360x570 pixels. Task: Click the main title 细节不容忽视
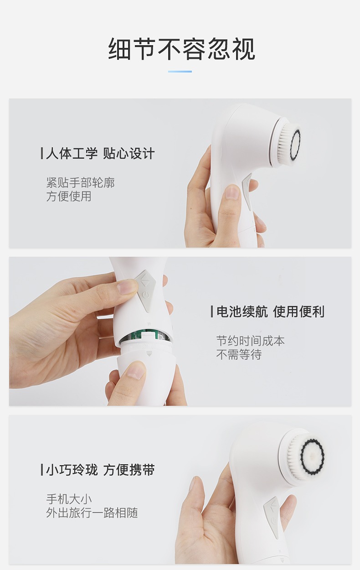click(x=181, y=49)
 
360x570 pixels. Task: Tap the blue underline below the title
click(x=180, y=72)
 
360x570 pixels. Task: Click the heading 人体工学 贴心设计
click(x=100, y=153)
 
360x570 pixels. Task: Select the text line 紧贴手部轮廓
click(x=80, y=182)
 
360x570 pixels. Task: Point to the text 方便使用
click(x=69, y=196)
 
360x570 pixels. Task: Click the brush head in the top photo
click(x=288, y=141)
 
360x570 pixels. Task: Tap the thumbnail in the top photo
click(x=232, y=192)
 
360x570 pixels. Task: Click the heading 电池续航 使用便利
click(x=271, y=311)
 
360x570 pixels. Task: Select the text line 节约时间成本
click(x=251, y=341)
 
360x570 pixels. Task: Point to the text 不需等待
click(x=239, y=354)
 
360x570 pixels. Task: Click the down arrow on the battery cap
click(x=149, y=353)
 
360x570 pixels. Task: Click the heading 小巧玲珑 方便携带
click(x=100, y=470)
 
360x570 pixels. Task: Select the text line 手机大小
click(x=69, y=499)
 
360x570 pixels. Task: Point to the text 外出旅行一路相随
click(x=92, y=513)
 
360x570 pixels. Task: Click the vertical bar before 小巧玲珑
click(x=42, y=470)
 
